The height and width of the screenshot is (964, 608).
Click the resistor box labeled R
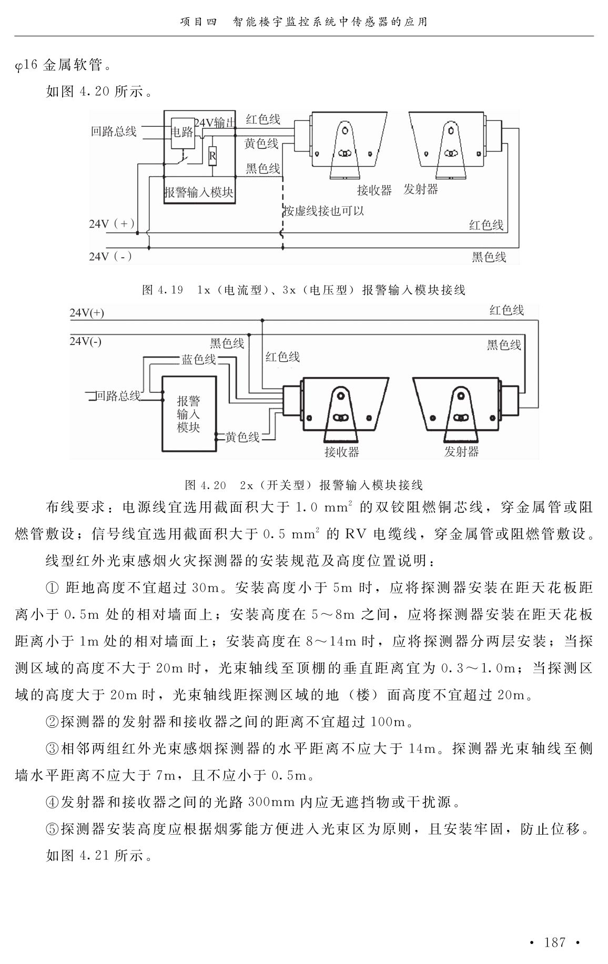212,156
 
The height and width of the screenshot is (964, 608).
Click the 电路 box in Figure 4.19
183,132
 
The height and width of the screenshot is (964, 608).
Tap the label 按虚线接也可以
324,211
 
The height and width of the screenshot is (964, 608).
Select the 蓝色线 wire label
199,359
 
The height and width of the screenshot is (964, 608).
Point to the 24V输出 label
215,123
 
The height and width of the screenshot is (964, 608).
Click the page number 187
555,942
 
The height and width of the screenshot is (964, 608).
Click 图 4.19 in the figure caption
163,290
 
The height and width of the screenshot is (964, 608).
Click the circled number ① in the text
53,587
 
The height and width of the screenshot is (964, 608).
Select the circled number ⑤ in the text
53,829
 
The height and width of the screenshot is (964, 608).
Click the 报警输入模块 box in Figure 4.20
189,414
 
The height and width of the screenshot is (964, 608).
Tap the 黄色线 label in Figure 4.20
242,437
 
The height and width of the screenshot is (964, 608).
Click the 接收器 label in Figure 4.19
374,190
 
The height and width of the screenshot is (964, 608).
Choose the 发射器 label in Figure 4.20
461,451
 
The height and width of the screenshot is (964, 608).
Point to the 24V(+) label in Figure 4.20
87,313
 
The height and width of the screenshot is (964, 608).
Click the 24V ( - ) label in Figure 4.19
110,256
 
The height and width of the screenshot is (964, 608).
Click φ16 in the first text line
26,66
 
